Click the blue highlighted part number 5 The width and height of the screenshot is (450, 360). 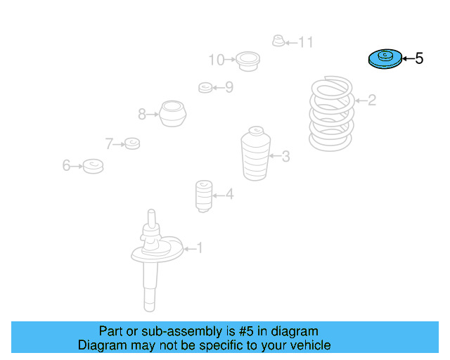click(384, 59)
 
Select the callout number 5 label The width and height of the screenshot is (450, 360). click(419, 59)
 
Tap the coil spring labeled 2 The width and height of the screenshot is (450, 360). click(332, 115)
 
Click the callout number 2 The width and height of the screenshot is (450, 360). click(372, 101)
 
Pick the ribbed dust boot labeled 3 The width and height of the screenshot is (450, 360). click(255, 154)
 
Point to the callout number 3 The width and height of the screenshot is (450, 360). click(285, 156)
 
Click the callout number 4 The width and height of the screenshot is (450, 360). click(229, 195)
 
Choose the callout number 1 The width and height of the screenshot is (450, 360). click(199, 247)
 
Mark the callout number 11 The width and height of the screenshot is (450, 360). click(305, 43)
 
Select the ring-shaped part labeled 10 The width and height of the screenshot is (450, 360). click(247, 60)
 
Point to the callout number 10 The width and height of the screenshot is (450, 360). click(216, 60)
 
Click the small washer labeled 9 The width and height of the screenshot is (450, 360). click(205, 87)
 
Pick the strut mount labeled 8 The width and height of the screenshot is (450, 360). click(172, 113)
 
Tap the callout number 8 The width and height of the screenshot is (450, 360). click(142, 113)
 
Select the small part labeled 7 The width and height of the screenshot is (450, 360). click(131, 144)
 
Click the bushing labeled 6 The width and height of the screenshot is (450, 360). click(93, 166)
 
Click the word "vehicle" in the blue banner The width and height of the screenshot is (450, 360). click(308, 345)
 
